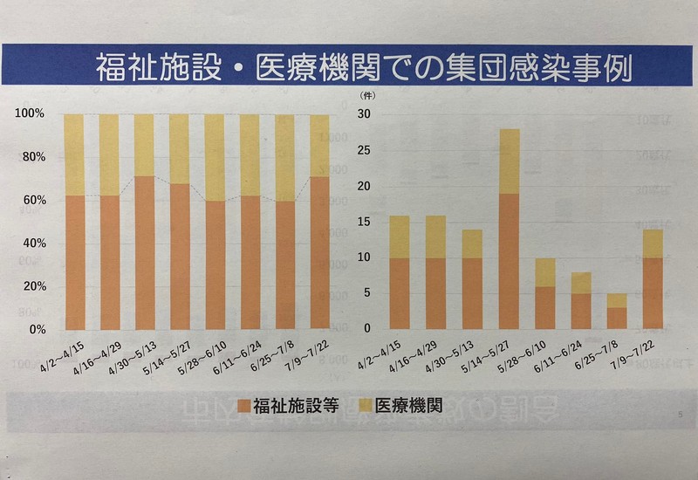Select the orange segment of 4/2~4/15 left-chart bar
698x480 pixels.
click(75, 262)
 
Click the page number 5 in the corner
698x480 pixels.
click(679, 414)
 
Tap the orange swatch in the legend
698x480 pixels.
click(244, 405)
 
